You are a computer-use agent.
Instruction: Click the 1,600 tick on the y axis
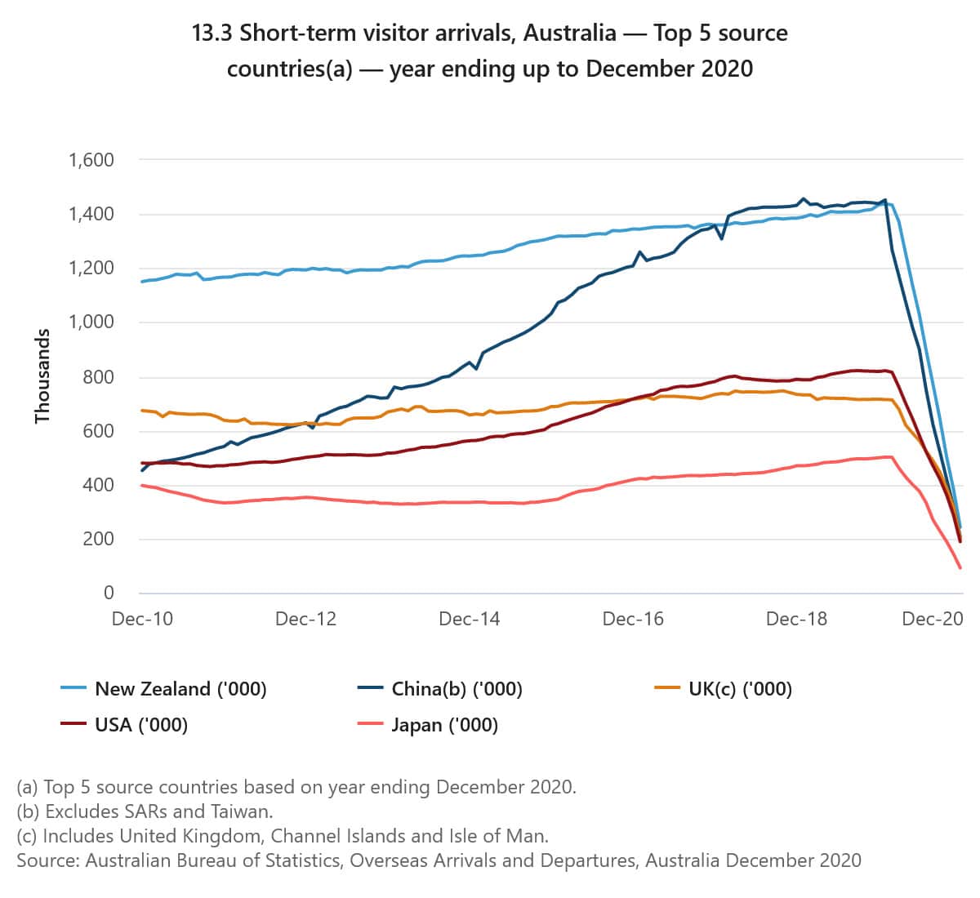pyautogui.click(x=91, y=160)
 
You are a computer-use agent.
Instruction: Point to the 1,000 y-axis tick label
pyautogui.click(x=91, y=322)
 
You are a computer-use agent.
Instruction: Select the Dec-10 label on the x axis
pyautogui.click(x=142, y=620)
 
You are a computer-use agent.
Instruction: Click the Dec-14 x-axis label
pyautogui.click(x=469, y=620)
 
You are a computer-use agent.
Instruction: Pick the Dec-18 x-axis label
pyautogui.click(x=796, y=620)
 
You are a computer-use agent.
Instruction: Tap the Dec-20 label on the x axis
pyautogui.click(x=932, y=620)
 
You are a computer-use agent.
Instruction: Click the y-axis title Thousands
pyautogui.click(x=42, y=376)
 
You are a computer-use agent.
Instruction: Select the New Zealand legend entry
pyautogui.click(x=180, y=690)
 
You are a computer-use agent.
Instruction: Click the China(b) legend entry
pyautogui.click(x=457, y=690)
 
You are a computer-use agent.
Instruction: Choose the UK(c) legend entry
pyautogui.click(x=740, y=690)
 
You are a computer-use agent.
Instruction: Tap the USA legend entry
pyautogui.click(x=141, y=725)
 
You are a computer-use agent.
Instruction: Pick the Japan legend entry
pyautogui.click(x=444, y=725)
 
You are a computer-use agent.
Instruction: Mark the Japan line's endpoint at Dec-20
pyautogui.click(x=960, y=567)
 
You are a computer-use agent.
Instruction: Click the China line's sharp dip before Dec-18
pyautogui.click(x=722, y=238)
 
